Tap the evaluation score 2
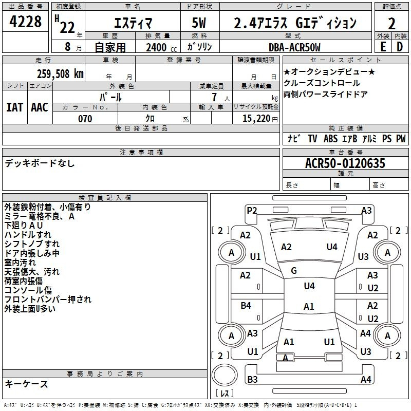pyautogui.click(x=391, y=24)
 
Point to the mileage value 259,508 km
pyautogui.click(x=60, y=74)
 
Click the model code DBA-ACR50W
pyautogui.click(x=294, y=47)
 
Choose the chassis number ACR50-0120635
pyautogui.click(x=345, y=163)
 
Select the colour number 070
pyautogui.click(x=85, y=119)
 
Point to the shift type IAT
pyautogui.click(x=14, y=107)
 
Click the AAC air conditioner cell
pyautogui.click(x=40, y=107)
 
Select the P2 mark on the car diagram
pyautogui.click(x=252, y=210)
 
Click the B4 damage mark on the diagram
pyautogui.click(x=246, y=306)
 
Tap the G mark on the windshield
pyautogui.click(x=294, y=271)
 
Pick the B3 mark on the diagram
pyautogui.click(x=252, y=380)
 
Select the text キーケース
pyautogui.click(x=27, y=384)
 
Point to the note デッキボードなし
pyautogui.click(x=40, y=163)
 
